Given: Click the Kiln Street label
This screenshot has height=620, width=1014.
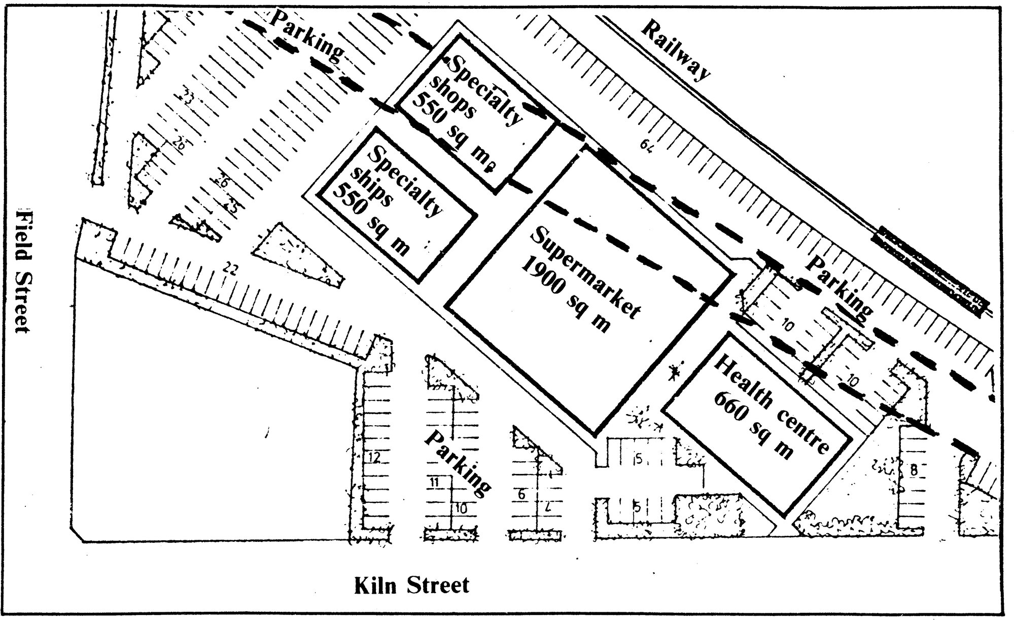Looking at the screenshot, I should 411,585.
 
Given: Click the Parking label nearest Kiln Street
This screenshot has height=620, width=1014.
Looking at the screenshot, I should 457,462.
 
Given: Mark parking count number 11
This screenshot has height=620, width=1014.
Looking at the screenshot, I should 434,482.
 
